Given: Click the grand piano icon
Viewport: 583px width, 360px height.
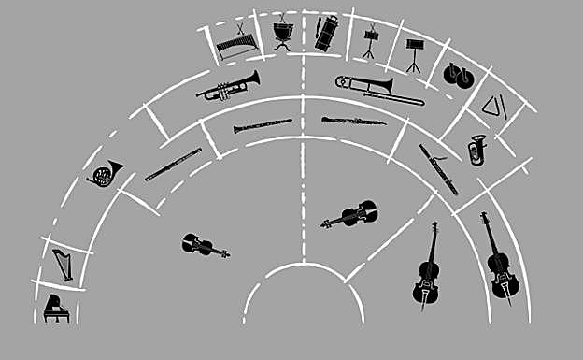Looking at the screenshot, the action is tap(56, 308).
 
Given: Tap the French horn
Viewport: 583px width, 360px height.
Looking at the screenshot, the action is tap(106, 173).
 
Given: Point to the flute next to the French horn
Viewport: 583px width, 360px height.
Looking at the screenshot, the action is tap(173, 165).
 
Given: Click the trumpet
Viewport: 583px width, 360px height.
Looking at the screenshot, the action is tap(228, 85).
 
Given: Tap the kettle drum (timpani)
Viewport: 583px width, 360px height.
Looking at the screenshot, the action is tap(283, 35).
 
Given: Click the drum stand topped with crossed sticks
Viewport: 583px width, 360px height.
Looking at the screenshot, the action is tap(370, 40).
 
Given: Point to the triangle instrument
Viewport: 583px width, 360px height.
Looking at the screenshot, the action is tap(493, 108).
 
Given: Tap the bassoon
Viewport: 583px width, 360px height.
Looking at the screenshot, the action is tap(438, 169).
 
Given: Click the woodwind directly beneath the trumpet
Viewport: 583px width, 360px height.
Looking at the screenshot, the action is tap(263, 125).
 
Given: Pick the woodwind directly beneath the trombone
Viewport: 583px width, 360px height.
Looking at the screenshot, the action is tap(353, 121).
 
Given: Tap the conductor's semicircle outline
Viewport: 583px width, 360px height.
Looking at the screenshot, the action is tap(304, 271).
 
